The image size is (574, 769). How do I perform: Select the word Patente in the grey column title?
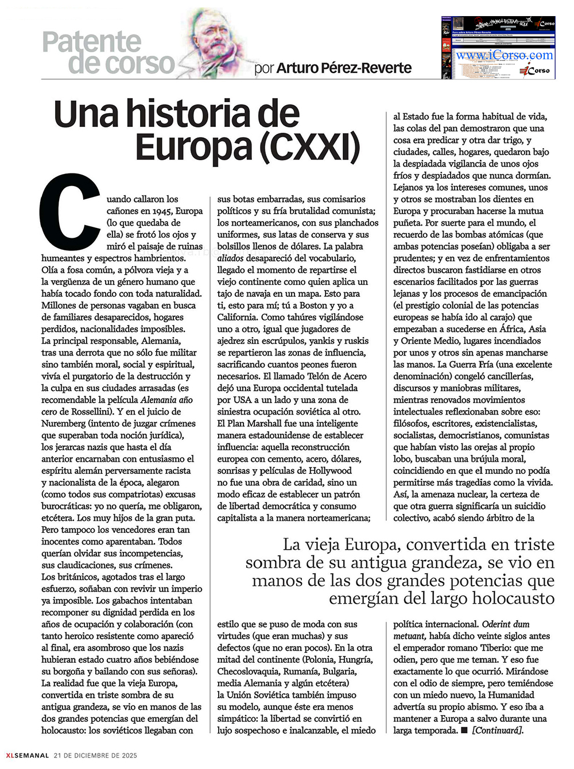(92, 42)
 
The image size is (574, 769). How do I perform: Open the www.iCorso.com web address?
(505, 55)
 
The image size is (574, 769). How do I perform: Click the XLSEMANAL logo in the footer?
(27, 755)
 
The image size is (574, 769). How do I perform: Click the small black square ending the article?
(463, 731)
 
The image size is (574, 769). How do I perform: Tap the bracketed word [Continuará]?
(498, 731)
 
